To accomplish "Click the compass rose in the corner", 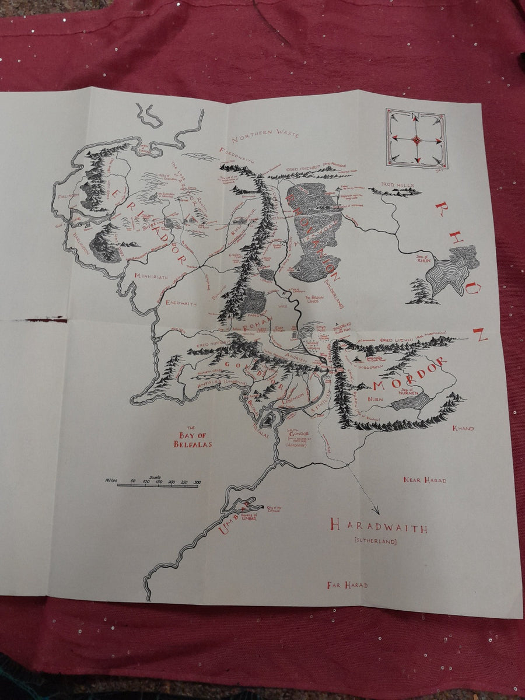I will (416, 138).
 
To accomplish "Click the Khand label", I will (464, 429).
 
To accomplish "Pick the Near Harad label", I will (425, 480).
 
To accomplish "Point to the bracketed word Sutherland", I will (375, 541).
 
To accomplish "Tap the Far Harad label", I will (347, 584).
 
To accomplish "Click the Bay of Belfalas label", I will (192, 439).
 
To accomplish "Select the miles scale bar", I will (157, 485).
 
